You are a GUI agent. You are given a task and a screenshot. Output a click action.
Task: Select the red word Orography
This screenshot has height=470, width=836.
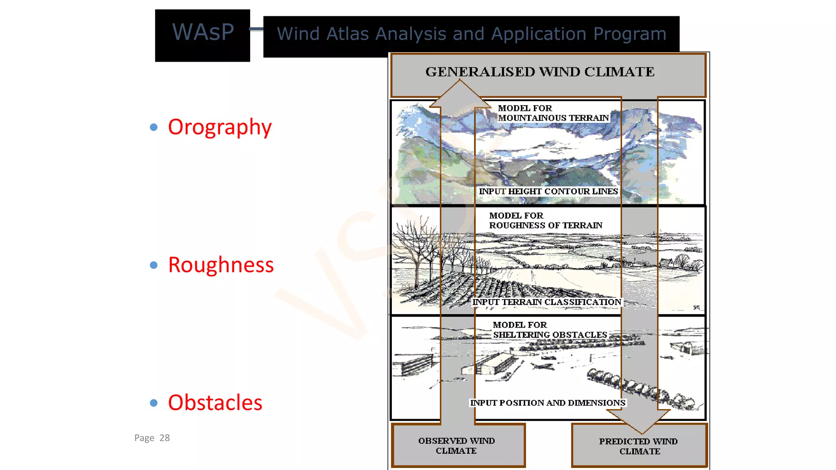[220, 127]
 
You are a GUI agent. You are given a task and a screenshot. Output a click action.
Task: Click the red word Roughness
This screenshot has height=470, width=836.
[221, 265]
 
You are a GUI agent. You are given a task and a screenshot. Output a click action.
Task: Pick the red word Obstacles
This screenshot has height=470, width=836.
[215, 403]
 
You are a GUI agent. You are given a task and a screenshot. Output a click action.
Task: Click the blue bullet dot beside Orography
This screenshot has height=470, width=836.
[154, 127]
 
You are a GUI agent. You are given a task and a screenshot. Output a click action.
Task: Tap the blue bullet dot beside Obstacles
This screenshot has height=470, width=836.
[154, 403]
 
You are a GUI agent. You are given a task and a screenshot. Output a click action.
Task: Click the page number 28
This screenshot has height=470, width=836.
[165, 438]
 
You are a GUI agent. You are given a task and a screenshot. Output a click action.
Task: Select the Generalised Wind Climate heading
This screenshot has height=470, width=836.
[540, 72]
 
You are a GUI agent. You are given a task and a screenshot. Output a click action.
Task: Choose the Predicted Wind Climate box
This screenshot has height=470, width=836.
[639, 446]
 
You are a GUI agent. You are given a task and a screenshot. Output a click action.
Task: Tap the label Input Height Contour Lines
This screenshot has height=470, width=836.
[548, 191]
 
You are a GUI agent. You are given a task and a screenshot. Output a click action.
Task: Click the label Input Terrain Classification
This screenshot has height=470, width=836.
[547, 302]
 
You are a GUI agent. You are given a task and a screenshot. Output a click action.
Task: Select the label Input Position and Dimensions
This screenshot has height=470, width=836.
[547, 403]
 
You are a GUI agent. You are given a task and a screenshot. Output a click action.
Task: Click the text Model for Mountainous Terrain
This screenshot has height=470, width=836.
[553, 113]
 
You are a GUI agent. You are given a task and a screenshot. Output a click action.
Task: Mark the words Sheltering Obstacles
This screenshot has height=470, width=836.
[550, 335]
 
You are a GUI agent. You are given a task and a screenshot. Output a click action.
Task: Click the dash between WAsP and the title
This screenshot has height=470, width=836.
[256, 29]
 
